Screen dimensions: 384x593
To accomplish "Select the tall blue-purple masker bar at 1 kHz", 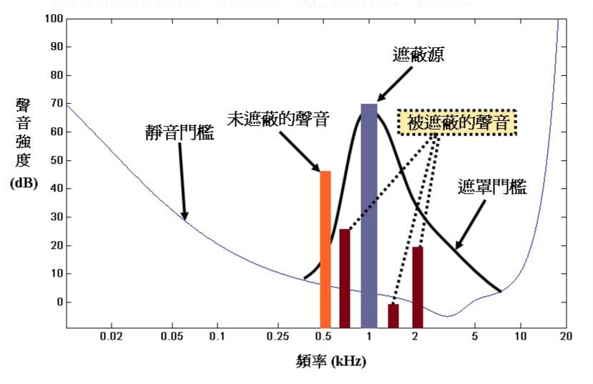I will (x=368, y=215).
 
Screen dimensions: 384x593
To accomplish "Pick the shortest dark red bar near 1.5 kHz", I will (x=393, y=315).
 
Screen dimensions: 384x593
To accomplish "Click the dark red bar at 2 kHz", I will (x=418, y=286).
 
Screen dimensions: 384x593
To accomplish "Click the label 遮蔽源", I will (x=418, y=55).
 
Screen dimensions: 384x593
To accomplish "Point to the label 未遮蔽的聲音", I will (x=278, y=119).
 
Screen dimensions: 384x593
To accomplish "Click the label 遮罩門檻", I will (x=492, y=188).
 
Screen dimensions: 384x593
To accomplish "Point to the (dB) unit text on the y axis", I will (x=24, y=183).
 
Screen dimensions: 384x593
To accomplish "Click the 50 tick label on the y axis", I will (x=52, y=160).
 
